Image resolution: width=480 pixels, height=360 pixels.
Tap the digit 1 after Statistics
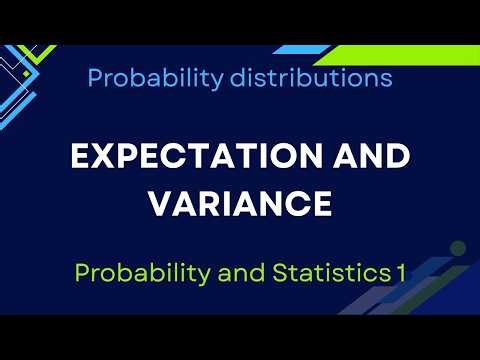pos(387,272)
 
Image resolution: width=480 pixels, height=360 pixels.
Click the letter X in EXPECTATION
pos(94,158)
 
